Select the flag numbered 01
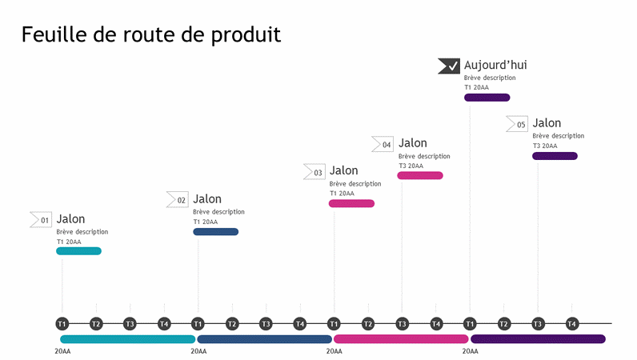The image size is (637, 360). [x=41, y=219]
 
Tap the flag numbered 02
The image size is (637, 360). [x=177, y=199]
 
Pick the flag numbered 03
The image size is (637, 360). [x=314, y=171]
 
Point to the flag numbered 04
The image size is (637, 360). [x=383, y=144]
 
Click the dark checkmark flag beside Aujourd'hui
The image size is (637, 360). [x=448, y=66]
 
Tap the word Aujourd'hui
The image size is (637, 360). [x=495, y=66]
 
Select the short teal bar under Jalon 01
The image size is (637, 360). [x=78, y=251]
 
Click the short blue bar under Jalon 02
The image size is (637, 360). [x=215, y=232]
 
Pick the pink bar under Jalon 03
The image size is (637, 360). [x=351, y=204]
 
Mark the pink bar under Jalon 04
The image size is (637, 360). [x=420, y=175]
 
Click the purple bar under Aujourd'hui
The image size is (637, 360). [x=487, y=98]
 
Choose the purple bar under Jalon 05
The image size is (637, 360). [x=555, y=156]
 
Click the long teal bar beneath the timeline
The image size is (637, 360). [x=128, y=339]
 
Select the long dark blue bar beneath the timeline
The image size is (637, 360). [x=264, y=339]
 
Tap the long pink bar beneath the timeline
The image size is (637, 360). [x=401, y=339]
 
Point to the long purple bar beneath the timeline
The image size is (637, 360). [x=538, y=339]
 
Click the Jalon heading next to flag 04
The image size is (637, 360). [x=413, y=143]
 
